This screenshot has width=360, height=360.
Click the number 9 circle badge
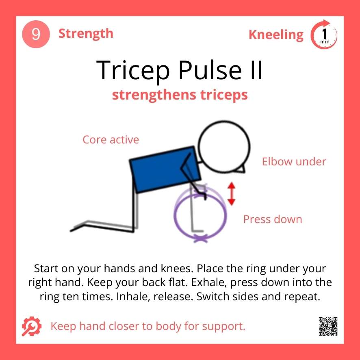(x=36, y=35)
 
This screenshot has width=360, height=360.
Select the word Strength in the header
(x=86, y=33)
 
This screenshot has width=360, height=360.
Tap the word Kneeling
(x=276, y=35)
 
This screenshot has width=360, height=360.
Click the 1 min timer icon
(x=324, y=35)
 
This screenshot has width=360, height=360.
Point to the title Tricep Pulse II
(x=180, y=69)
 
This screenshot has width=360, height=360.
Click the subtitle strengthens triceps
(x=180, y=95)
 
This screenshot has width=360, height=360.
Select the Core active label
(x=111, y=140)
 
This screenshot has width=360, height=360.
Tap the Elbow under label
(x=294, y=162)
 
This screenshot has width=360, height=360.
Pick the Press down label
(x=273, y=219)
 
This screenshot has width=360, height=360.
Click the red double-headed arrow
(x=231, y=194)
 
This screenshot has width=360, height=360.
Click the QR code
(x=328, y=326)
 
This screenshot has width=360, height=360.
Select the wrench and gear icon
(x=31, y=326)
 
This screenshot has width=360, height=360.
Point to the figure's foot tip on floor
(x=72, y=230)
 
